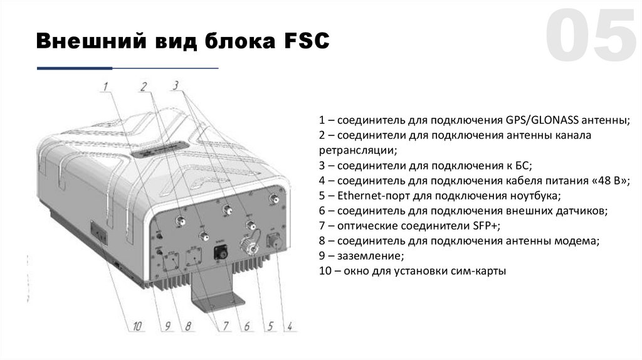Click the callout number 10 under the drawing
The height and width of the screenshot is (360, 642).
pyautogui.click(x=137, y=326)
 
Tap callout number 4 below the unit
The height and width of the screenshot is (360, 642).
pyautogui.click(x=290, y=326)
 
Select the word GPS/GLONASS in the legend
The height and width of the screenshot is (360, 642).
pyautogui.click(x=537, y=120)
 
